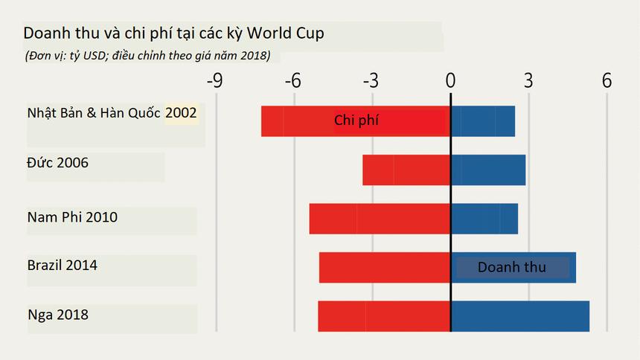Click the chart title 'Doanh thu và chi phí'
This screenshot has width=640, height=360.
click(173, 33)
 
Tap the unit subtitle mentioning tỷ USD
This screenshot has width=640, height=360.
click(147, 56)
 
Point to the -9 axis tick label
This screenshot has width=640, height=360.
click(214, 80)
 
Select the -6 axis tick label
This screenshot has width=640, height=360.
click(293, 80)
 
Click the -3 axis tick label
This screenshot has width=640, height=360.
click(371, 80)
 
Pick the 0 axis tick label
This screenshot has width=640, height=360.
click(450, 80)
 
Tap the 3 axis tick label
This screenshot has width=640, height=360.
click(528, 80)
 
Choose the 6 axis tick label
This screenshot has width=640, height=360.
click(607, 80)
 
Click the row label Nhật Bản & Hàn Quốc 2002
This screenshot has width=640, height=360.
click(112, 113)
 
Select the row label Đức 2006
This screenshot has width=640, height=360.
click(57, 162)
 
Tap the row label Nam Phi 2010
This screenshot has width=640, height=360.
click(72, 217)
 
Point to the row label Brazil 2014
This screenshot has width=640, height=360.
click(63, 266)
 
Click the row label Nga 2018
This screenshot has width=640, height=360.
click(57, 315)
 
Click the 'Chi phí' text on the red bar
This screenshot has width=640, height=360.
click(356, 120)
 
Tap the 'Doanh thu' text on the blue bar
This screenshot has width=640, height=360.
click(511, 267)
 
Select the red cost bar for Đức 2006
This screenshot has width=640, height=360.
click(406, 170)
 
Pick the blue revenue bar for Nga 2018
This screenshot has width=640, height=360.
click(520, 316)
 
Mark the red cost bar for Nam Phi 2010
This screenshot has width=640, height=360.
click(380, 219)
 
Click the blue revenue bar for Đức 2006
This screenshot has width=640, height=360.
click(488, 170)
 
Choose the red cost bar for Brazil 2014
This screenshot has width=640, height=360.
click(385, 267)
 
